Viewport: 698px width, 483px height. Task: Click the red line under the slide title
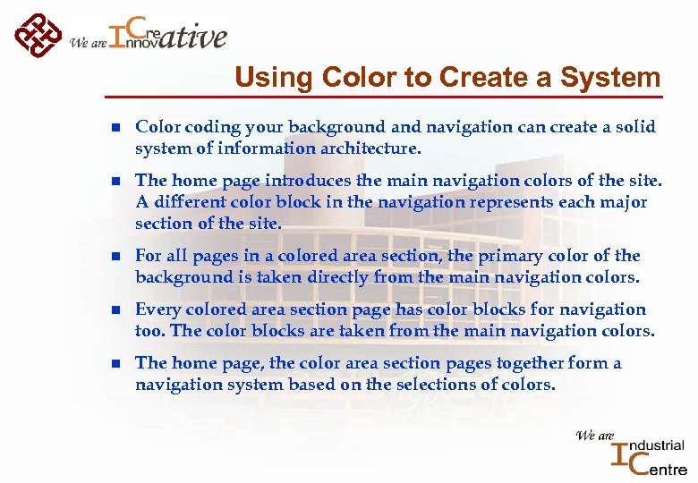385,96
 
